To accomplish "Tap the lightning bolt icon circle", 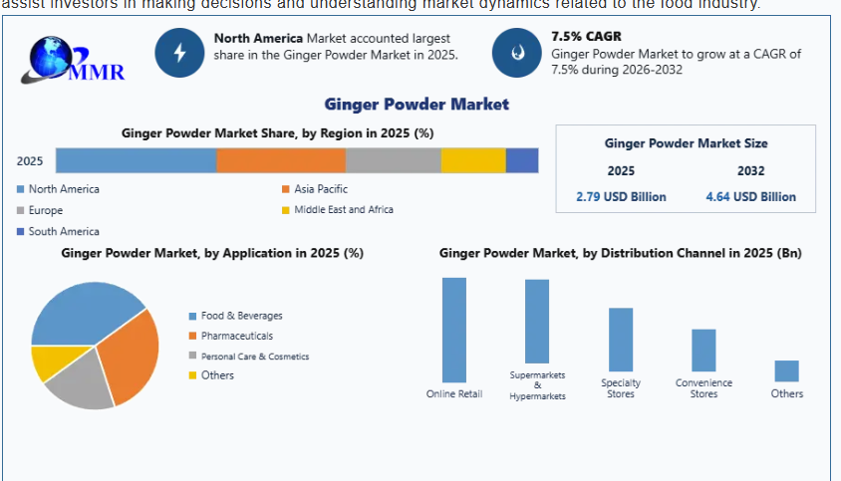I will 180,53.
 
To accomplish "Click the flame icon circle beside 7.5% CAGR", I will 517,53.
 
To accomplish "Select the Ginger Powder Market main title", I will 417,104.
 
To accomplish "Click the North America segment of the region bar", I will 136,160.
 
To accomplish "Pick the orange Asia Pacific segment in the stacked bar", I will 281,160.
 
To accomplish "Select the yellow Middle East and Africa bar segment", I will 473,160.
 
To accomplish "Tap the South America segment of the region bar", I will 522,160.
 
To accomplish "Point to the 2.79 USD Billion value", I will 621,196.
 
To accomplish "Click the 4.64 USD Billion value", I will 750,196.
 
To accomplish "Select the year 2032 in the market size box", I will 750,170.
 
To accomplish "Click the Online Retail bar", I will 454,330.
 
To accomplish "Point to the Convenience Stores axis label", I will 703,388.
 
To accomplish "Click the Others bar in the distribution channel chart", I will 786,370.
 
